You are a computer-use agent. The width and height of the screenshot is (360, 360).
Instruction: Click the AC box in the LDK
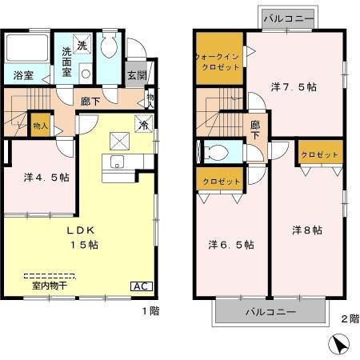(139, 286)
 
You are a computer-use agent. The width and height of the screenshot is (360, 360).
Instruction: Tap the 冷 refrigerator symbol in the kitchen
(143, 126)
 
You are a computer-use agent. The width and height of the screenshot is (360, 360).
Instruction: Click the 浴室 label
(23, 76)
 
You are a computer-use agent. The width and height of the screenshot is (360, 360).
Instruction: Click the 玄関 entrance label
(136, 76)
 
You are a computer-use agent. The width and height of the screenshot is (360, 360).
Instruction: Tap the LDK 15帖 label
(81, 236)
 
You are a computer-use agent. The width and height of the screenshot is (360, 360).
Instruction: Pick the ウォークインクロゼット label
(218, 61)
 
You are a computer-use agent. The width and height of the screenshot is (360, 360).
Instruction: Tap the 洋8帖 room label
(306, 230)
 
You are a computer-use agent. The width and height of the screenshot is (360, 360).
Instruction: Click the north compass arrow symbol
(338, 344)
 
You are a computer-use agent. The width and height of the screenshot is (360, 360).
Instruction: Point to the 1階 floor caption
(150, 310)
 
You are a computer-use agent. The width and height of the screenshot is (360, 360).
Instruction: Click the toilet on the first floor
(110, 49)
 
